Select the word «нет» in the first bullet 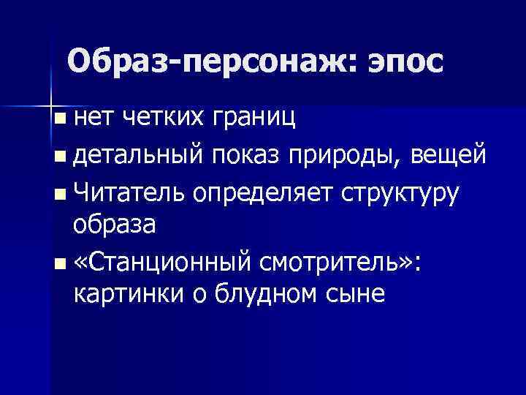(92, 116)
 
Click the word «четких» (157, 116)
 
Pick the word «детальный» (138, 155)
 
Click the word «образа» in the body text (115, 225)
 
